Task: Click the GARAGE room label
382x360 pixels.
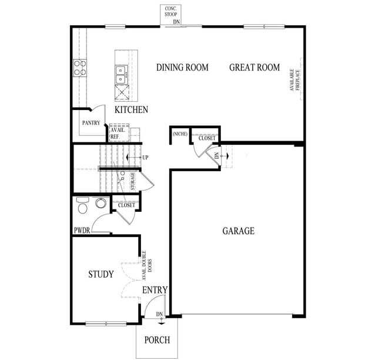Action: [x=238, y=231]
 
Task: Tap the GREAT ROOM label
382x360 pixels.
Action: [x=254, y=68]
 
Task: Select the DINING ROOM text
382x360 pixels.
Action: [x=182, y=68]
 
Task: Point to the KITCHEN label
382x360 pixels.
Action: [x=131, y=110]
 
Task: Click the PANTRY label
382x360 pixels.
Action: [x=91, y=124]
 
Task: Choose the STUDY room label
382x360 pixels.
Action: [x=101, y=274]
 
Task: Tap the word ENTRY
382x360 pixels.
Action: [x=155, y=290]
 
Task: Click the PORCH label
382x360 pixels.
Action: [x=157, y=340]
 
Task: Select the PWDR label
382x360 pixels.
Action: [x=81, y=231]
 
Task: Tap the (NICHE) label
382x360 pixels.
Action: [x=179, y=134]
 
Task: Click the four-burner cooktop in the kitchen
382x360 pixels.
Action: [x=79, y=68]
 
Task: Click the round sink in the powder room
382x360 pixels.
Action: [x=100, y=204]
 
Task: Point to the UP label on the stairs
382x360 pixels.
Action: [x=145, y=158]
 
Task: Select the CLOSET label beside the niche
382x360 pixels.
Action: [x=206, y=138]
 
